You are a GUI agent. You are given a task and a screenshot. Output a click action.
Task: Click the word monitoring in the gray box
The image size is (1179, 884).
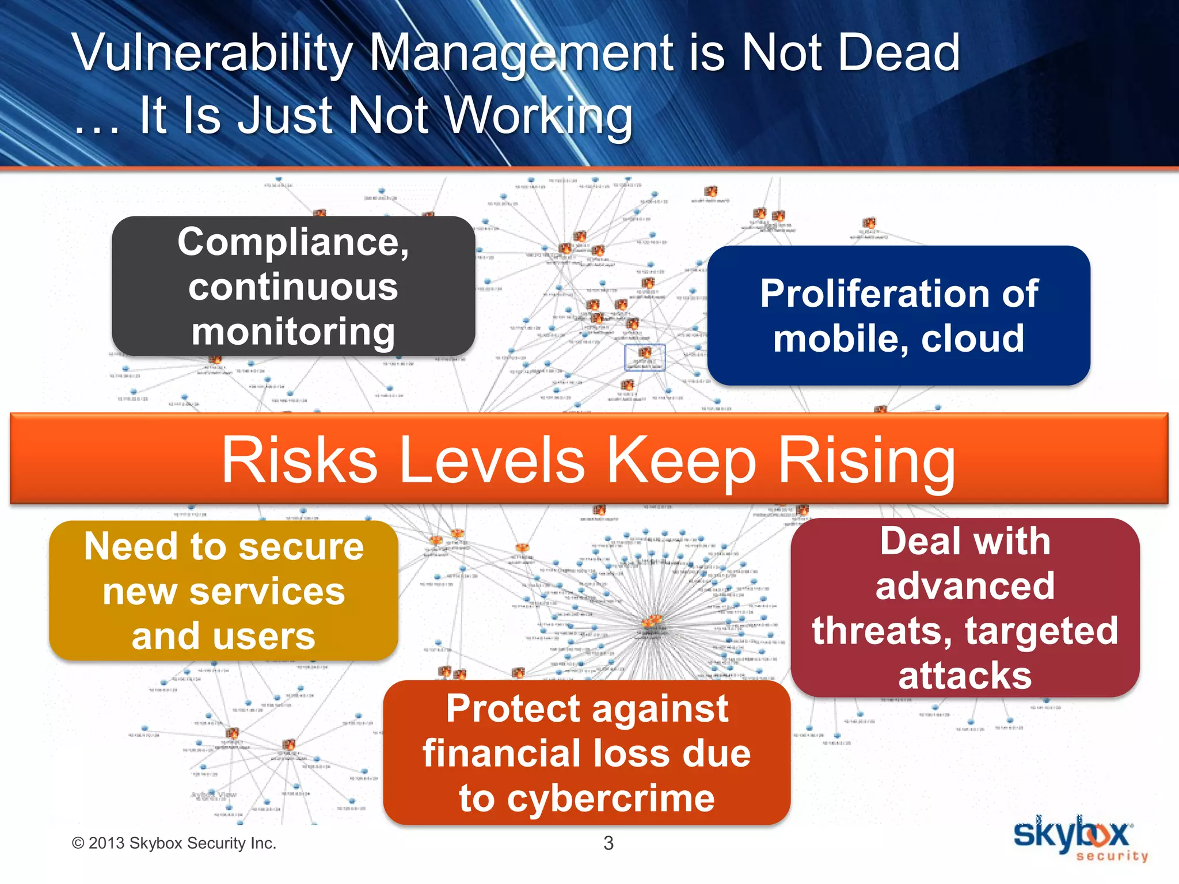293,332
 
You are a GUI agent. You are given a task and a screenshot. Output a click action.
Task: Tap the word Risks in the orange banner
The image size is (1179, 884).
299,460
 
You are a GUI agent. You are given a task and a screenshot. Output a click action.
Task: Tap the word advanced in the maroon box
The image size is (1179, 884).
965,586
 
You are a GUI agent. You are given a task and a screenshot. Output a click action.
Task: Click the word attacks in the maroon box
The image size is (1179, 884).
965,676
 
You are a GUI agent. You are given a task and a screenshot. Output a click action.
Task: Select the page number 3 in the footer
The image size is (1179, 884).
608,843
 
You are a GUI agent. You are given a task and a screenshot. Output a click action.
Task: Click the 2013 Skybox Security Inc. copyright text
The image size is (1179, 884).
174,843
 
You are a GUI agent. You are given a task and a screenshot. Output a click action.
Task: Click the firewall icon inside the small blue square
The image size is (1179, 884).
645,353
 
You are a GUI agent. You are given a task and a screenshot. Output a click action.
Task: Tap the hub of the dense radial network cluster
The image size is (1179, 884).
652,622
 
